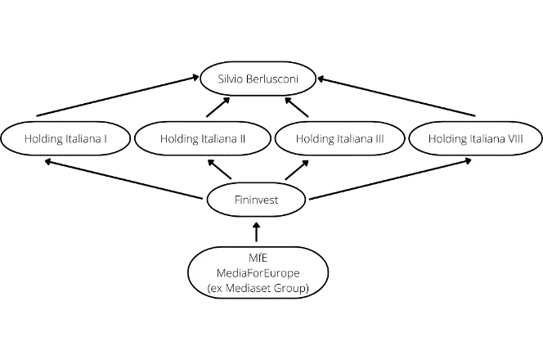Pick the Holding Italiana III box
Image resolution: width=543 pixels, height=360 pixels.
click(x=339, y=138)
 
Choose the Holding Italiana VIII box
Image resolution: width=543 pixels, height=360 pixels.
click(x=474, y=138)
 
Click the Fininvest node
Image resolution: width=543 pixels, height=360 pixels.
click(x=258, y=197)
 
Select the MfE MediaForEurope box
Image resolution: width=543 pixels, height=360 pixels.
click(x=258, y=272)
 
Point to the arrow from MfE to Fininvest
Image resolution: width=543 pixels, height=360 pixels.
click(x=258, y=231)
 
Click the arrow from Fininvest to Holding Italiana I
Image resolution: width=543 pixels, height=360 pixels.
click(x=123, y=179)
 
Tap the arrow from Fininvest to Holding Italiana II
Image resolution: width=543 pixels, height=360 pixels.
click(x=222, y=169)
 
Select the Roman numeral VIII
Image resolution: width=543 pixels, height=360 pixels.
click(x=512, y=138)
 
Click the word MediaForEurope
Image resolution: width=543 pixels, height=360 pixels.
click(x=258, y=272)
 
